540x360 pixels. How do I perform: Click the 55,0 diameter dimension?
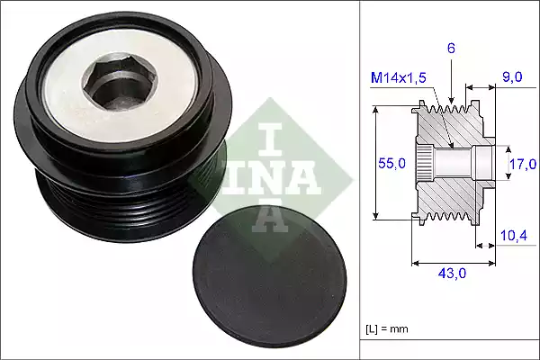[x=390, y=164]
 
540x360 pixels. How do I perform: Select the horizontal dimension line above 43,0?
[x=453, y=264]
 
